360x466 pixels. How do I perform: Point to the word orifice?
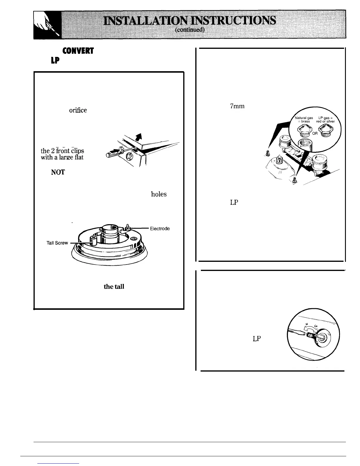tap(78, 110)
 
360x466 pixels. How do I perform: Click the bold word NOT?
tap(58, 172)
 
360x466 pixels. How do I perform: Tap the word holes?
tap(159, 194)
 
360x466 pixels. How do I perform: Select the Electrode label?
tap(160, 229)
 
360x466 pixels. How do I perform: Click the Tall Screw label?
tap(57, 243)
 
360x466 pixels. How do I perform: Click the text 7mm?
tap(237, 106)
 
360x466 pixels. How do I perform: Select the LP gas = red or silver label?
tap(325, 119)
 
